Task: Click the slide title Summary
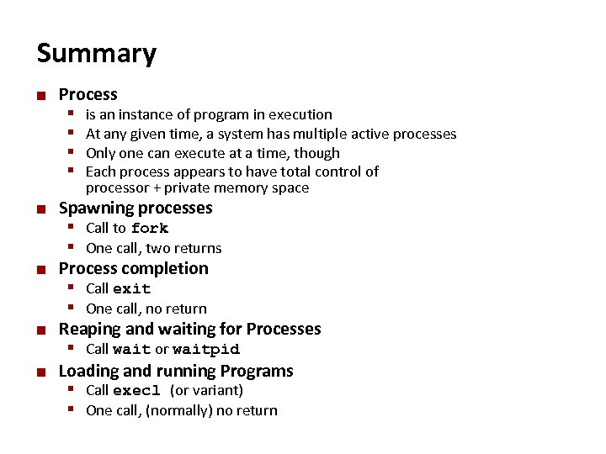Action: (96, 54)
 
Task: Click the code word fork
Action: (150, 228)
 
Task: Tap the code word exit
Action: (131, 288)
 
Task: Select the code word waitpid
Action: (206, 349)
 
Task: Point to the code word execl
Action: (136, 390)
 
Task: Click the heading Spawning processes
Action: (135, 208)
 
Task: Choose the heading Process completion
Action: (133, 268)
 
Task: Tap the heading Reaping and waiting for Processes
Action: (189, 329)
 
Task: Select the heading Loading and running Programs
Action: (175, 371)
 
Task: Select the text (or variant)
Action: (206, 390)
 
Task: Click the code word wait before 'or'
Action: (131, 349)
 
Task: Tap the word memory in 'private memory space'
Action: (237, 188)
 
